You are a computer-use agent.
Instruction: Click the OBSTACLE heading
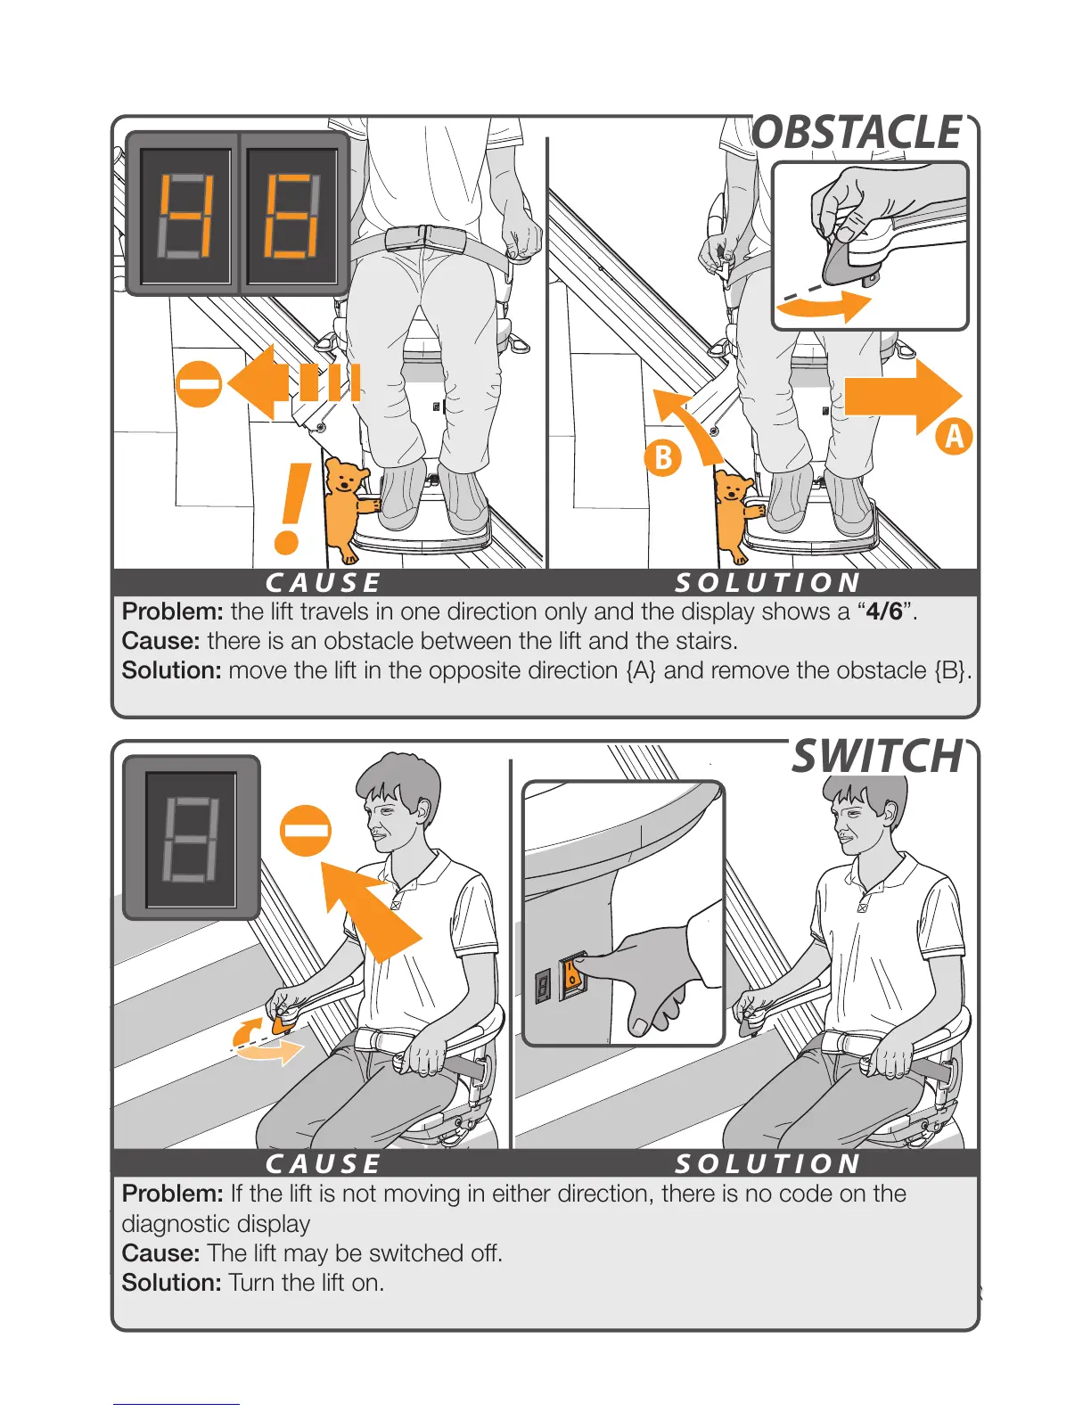click(x=857, y=133)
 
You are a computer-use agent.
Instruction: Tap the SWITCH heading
click(x=876, y=756)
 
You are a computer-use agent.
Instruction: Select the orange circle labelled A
click(x=954, y=436)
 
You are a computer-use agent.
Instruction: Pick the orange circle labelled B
click(x=663, y=458)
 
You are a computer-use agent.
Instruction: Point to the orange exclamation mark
click(x=291, y=508)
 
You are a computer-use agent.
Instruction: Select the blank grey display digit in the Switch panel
click(x=191, y=839)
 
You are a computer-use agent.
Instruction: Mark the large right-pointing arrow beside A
click(x=903, y=397)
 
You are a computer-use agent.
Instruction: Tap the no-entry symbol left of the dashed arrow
click(x=199, y=384)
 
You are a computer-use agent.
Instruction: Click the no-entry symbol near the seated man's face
click(x=306, y=831)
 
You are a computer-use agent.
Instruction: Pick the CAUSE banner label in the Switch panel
click(x=323, y=1164)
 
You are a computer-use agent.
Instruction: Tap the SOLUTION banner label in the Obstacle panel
click(x=768, y=583)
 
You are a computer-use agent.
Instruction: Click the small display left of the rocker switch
click(x=543, y=987)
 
